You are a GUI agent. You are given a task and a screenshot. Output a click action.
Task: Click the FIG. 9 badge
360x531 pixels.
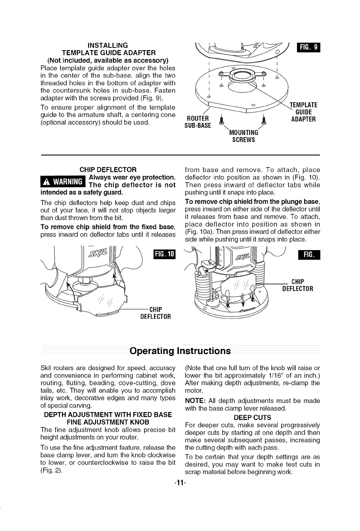(310, 48)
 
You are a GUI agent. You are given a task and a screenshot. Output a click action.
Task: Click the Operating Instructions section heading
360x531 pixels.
(180, 351)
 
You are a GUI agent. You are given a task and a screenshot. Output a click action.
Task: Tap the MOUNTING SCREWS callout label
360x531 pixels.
(244, 136)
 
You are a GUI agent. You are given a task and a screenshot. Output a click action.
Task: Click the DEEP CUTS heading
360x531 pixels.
(252, 417)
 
